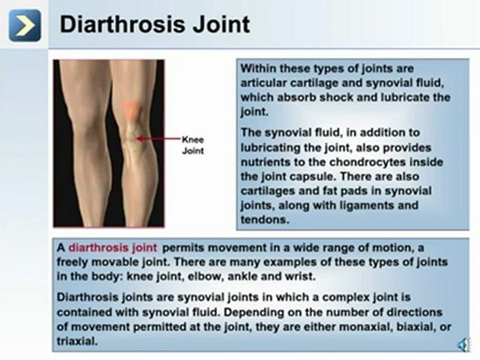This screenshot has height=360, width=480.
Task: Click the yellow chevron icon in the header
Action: pos(24,25)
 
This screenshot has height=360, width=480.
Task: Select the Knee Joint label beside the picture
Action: pos(192,145)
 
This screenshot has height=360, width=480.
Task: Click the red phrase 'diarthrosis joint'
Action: pos(112,247)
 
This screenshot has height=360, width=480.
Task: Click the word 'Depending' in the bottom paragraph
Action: pos(284,312)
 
